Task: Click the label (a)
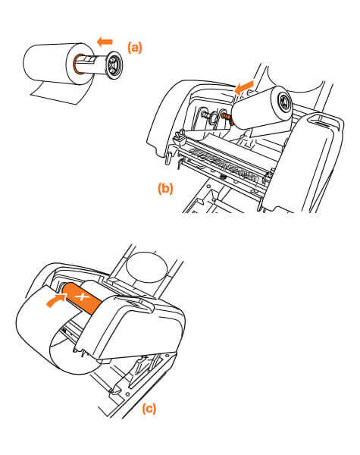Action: (135, 48)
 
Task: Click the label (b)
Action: (165, 189)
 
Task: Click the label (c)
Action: (149, 408)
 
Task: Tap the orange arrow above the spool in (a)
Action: (105, 42)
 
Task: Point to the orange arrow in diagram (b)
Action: (244, 87)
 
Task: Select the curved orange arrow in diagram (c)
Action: (55, 300)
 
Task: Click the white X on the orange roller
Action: (83, 297)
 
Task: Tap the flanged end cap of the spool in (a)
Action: (114, 65)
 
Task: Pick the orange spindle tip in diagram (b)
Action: (228, 118)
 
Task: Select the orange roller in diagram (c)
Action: (82, 298)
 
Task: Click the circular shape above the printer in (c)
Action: (147, 268)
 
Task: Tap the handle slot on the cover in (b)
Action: (323, 121)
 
